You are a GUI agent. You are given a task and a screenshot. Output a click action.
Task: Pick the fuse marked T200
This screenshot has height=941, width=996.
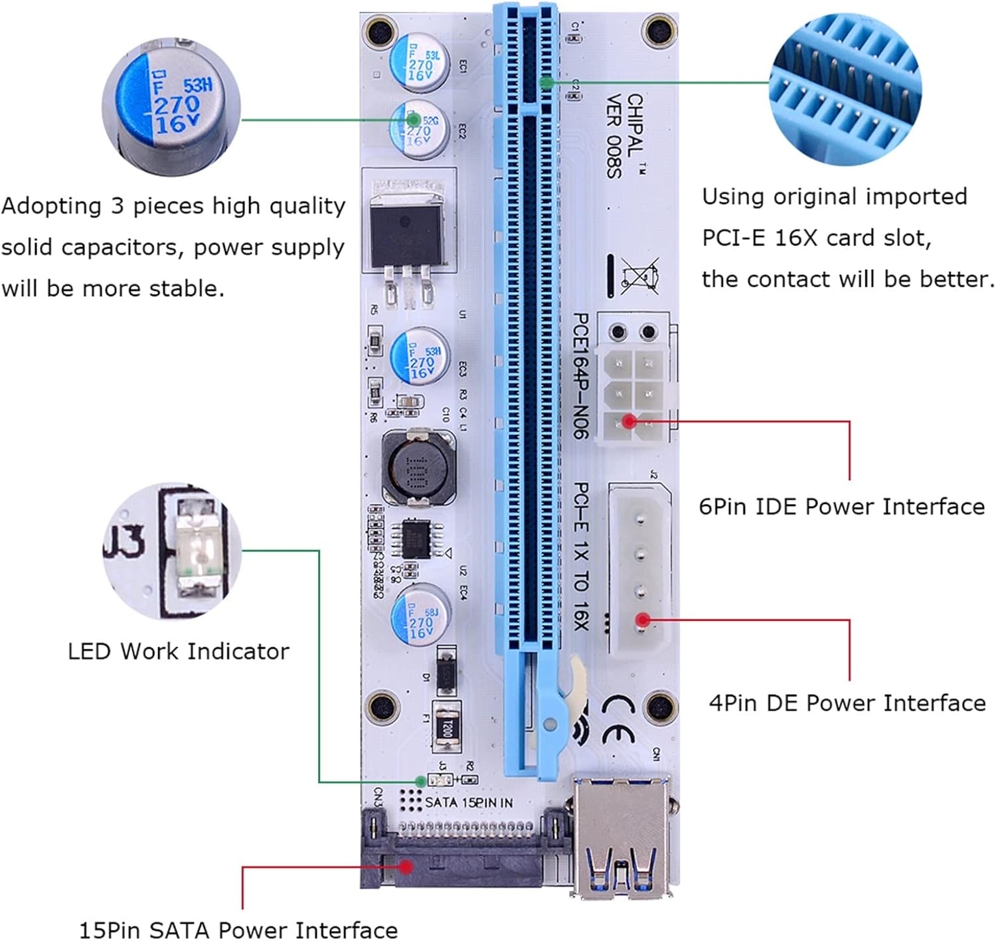point(446,726)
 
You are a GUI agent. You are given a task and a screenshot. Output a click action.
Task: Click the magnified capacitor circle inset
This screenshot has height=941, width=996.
point(172,106)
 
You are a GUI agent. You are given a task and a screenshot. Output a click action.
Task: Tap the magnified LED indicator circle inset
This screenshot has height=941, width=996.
point(173,551)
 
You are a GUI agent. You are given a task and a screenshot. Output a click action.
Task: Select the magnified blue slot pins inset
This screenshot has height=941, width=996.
point(845,90)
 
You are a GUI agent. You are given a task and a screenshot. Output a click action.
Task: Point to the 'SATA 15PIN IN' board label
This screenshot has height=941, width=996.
point(469,802)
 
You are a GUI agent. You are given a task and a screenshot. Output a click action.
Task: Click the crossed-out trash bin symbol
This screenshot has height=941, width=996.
point(640,276)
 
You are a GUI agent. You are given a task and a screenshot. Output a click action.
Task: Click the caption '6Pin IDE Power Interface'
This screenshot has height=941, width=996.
point(841,507)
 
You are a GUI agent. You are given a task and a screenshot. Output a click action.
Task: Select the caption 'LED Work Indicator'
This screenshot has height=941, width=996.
point(179,651)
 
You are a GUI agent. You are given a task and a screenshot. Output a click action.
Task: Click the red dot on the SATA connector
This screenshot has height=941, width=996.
point(406,866)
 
